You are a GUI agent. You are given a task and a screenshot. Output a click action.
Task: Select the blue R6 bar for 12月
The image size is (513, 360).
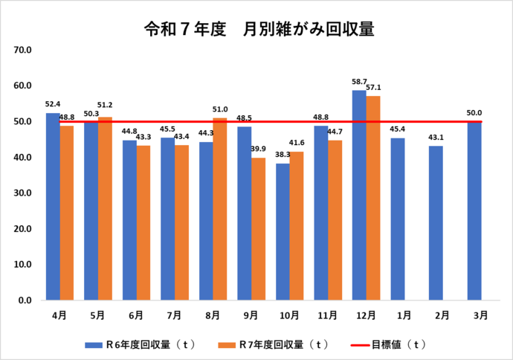click(359, 196)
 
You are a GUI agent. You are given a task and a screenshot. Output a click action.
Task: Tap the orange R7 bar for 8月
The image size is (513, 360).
click(220, 209)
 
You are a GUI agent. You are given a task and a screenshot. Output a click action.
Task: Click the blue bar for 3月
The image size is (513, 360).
click(474, 211)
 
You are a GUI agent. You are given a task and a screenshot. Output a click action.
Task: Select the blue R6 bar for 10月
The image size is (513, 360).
click(283, 232)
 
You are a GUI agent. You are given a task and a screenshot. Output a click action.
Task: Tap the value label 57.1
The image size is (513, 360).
click(374, 88)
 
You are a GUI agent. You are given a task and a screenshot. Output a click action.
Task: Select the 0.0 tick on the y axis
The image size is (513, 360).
click(24, 300)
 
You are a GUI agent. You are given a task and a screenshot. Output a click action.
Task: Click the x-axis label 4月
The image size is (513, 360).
click(59, 315)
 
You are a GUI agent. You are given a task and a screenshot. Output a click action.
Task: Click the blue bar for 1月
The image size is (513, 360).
click(398, 219)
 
